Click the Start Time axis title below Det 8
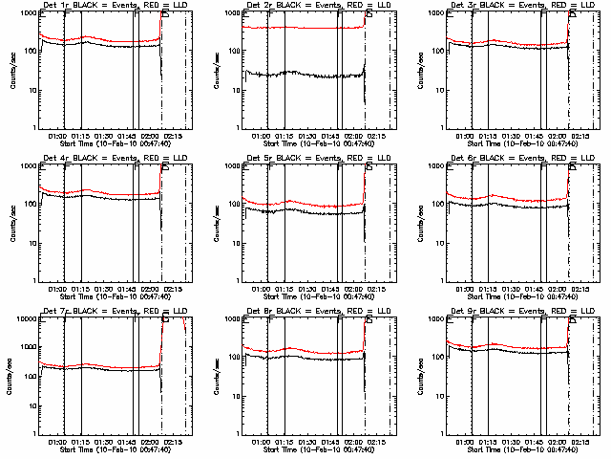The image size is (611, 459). [312, 448]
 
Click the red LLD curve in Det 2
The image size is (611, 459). [305, 28]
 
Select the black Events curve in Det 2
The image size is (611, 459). [305, 74]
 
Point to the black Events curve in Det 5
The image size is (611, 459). [305, 211]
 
